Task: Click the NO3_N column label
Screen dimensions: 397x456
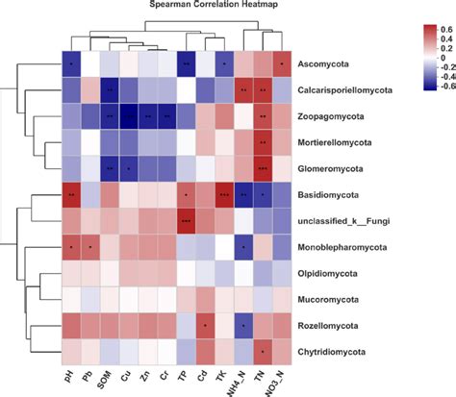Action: (x=280, y=383)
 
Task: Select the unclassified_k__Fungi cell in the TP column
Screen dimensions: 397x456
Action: (x=184, y=221)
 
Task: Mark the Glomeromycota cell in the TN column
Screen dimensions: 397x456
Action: (x=262, y=168)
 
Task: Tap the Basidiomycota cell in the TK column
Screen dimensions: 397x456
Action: (x=223, y=194)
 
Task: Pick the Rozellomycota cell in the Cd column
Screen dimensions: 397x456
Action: (x=203, y=325)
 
